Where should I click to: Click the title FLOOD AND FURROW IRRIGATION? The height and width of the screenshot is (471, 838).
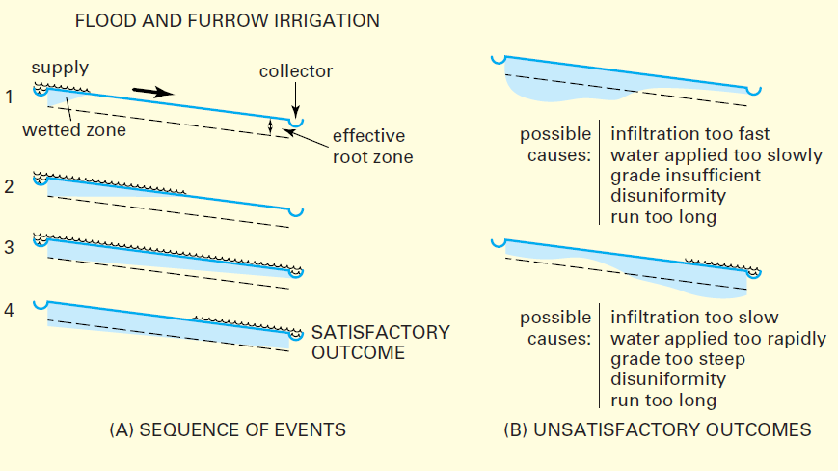[x=227, y=20]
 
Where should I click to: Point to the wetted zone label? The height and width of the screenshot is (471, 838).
[x=74, y=130]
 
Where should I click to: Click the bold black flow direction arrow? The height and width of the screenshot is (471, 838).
[x=152, y=91]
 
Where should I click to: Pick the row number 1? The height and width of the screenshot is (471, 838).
[x=9, y=96]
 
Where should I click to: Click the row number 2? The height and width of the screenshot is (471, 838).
[x=9, y=187]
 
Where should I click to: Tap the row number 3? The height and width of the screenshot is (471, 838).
[x=9, y=247]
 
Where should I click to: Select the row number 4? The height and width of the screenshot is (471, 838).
[x=9, y=312]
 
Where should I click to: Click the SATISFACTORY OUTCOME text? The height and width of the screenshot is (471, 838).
[x=380, y=342]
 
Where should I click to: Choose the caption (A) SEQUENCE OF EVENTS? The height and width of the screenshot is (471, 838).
[x=228, y=429]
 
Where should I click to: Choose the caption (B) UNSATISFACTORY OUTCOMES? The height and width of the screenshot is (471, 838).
[x=657, y=429]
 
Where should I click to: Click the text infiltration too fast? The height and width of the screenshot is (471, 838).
[x=689, y=133]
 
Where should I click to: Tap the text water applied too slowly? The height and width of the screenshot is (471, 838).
[x=716, y=154]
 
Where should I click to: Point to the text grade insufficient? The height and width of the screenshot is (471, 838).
[x=685, y=176]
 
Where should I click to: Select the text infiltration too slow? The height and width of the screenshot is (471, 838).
[x=694, y=318]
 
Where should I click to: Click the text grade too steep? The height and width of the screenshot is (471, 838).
[x=677, y=359]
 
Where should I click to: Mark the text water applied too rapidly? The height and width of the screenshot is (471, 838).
[x=718, y=339]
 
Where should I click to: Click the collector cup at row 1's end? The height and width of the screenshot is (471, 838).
[x=298, y=124]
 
